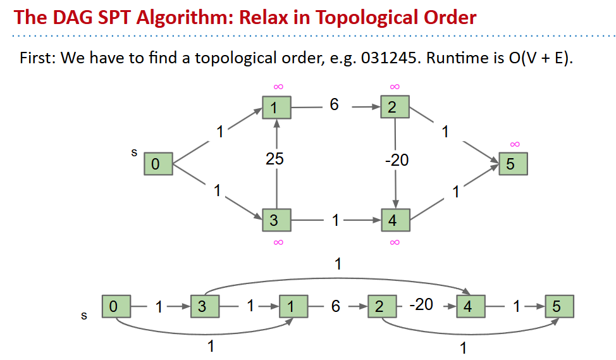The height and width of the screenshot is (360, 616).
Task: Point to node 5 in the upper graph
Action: [512, 164]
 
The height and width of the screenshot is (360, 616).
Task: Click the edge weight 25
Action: [274, 160]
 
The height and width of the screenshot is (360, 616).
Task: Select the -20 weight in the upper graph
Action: [397, 160]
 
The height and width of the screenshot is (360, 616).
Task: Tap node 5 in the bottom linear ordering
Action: [558, 307]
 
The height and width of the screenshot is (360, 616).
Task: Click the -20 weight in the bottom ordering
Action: [421, 305]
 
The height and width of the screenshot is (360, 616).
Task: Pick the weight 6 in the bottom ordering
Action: [335, 307]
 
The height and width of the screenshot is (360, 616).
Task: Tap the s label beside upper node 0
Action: [134, 152]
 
